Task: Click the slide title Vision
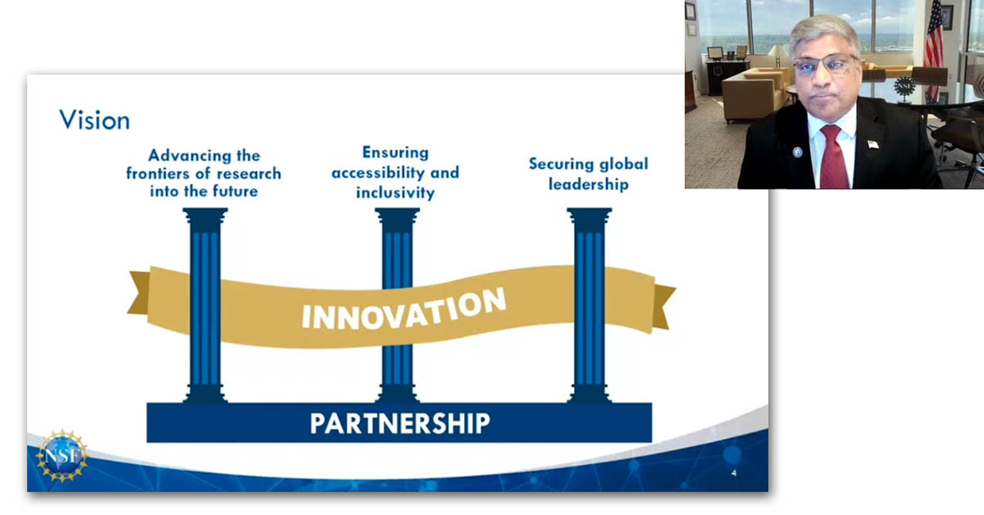(x=94, y=121)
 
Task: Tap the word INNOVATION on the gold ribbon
(x=403, y=308)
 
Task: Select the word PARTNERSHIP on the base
(x=399, y=423)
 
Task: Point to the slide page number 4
(x=733, y=474)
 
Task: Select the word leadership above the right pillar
(x=588, y=184)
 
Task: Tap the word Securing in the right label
(x=561, y=164)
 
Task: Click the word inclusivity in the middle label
(x=394, y=193)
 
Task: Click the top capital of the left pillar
(x=205, y=216)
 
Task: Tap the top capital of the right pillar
(x=589, y=216)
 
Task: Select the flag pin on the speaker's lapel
(x=872, y=144)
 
